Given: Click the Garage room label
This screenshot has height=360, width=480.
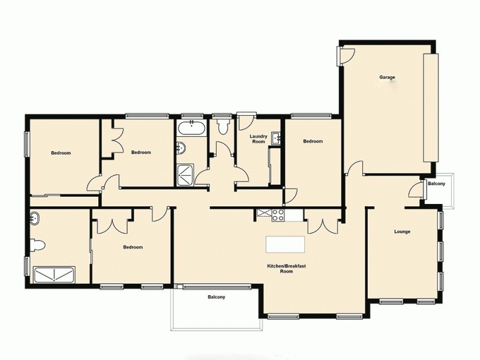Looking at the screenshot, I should (387, 77).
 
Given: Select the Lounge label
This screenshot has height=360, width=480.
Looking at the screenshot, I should (402, 232).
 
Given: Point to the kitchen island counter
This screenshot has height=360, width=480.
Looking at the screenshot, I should (286, 244).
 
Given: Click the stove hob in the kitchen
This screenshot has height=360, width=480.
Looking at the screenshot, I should (278, 214).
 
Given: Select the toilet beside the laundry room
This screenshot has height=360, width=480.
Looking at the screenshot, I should (224, 126).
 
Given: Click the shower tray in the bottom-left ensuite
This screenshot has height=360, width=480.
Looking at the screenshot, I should (55, 275).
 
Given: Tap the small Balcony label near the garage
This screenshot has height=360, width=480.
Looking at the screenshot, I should (436, 184).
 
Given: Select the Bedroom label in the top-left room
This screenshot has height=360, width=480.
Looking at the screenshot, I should (61, 153).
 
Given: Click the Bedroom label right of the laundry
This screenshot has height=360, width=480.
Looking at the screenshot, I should (313, 142).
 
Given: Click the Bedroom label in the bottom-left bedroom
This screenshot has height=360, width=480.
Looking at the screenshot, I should (133, 247).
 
